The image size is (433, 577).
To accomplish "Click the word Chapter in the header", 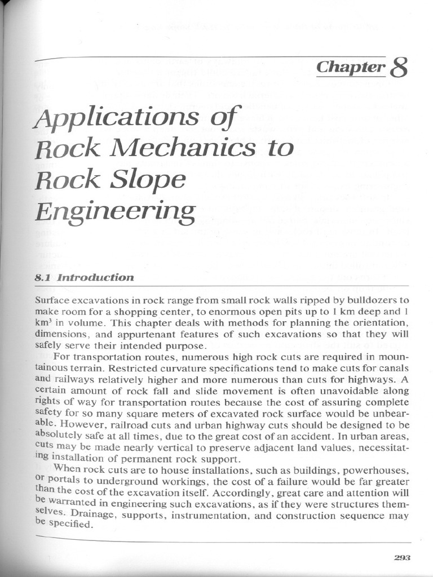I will pyautogui.click(x=350, y=68).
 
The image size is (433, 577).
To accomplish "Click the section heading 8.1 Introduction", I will pyautogui.click(x=85, y=277).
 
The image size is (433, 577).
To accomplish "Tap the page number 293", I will pyautogui.click(x=402, y=557).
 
